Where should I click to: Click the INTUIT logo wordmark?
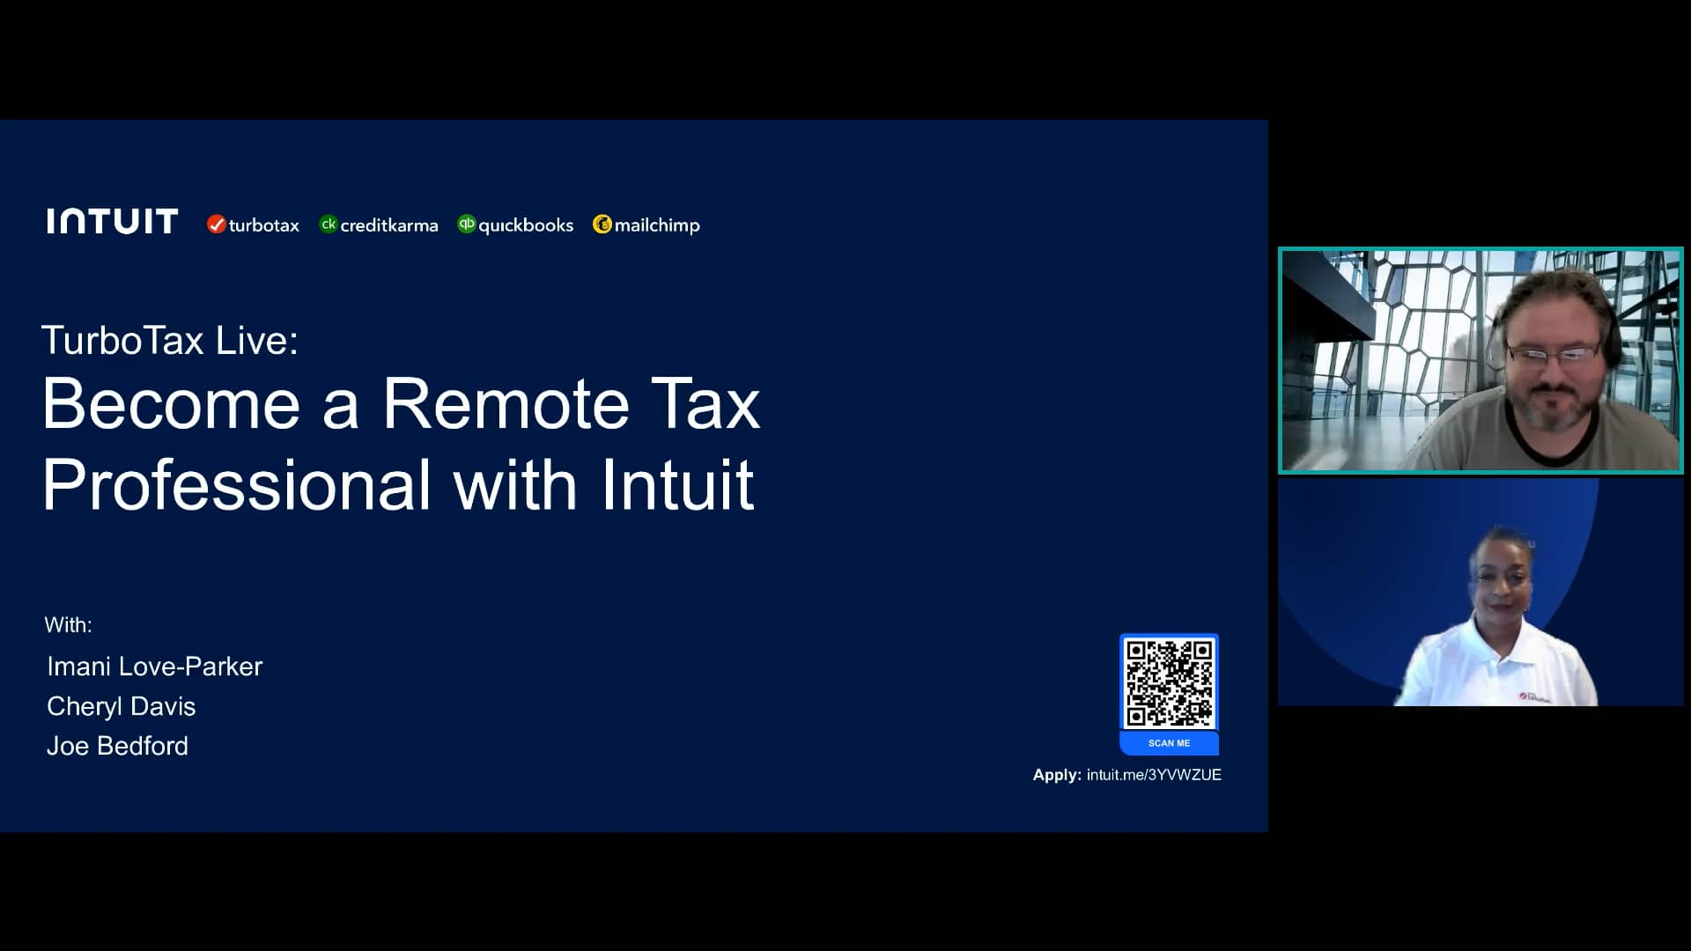[x=113, y=222]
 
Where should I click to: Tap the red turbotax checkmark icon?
[x=216, y=225]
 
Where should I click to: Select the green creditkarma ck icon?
[x=329, y=225]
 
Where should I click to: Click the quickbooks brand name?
[x=525, y=225]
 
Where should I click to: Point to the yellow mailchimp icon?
[x=602, y=225]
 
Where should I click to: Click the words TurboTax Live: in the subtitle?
[x=170, y=341]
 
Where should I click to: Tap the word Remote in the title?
[x=506, y=404]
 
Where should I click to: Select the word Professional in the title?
[x=237, y=484]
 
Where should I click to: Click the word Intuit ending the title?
[x=677, y=484]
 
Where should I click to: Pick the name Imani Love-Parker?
[x=154, y=667]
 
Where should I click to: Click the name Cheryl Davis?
[x=121, y=706]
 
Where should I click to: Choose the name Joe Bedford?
[x=117, y=746]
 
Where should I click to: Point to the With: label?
[x=68, y=625]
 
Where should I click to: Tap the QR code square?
[x=1169, y=682]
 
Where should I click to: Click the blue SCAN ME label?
[x=1169, y=743]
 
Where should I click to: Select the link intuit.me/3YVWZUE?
[x=1154, y=775]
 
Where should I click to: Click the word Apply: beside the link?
[x=1057, y=775]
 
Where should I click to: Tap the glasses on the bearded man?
[x=1552, y=354]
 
